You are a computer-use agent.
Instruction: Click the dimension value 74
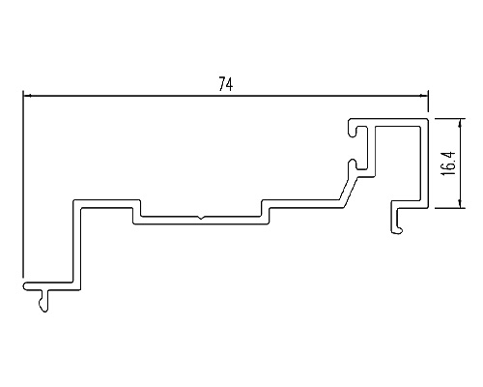(226, 84)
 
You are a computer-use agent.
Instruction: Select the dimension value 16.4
(448, 164)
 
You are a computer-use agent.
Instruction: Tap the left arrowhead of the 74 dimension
(27, 96)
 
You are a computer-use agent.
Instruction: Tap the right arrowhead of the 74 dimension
(424, 96)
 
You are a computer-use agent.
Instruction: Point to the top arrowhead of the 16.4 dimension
(461, 122)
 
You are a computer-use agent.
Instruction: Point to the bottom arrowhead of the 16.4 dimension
(461, 204)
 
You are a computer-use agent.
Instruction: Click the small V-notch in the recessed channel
(201, 218)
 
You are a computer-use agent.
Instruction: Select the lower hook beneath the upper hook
(355, 164)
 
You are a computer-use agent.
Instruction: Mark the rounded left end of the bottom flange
(26, 286)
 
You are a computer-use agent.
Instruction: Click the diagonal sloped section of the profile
(349, 191)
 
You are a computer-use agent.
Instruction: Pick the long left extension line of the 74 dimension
(23, 184)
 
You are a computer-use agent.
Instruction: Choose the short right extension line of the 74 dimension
(428, 102)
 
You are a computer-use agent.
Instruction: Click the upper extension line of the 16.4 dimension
(449, 119)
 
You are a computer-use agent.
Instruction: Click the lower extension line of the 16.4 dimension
(449, 208)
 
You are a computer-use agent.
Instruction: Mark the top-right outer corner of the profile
(428, 119)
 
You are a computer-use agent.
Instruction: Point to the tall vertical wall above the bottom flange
(76, 245)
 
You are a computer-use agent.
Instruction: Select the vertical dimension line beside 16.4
(461, 164)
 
